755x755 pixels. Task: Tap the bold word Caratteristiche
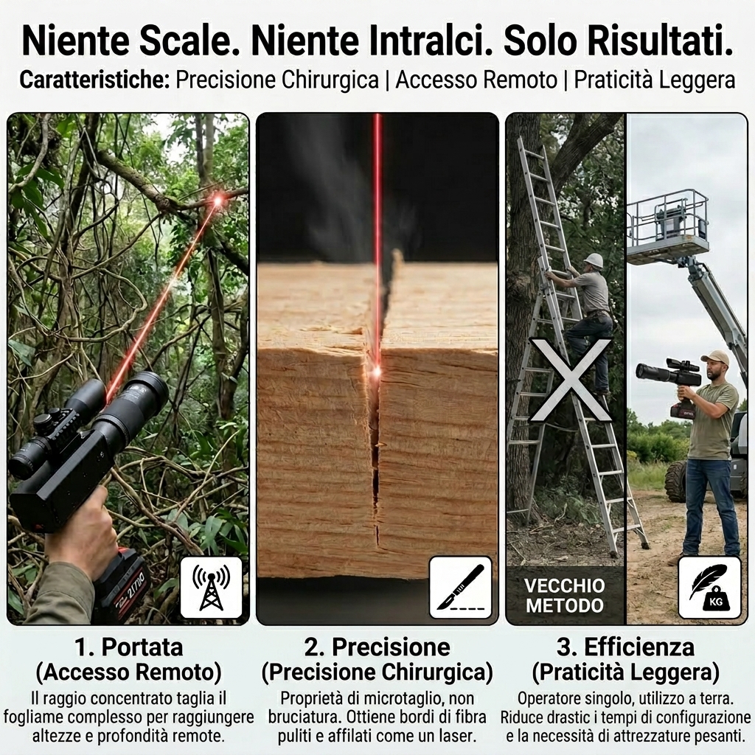pos(95,80)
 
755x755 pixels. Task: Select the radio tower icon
pos(211,588)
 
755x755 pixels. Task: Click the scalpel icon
pos(460,588)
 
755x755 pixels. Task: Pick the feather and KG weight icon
pos(709,588)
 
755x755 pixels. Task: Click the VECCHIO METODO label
pos(565,595)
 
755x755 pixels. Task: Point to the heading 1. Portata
pos(128,647)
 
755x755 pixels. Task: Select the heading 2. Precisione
pos(377,647)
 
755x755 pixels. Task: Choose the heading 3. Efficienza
pos(625,647)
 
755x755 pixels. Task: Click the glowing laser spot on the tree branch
pos(218,199)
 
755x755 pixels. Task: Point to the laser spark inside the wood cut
pos(377,371)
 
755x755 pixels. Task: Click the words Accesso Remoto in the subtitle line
pos(476,80)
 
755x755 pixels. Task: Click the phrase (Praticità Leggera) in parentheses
pos(625,672)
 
